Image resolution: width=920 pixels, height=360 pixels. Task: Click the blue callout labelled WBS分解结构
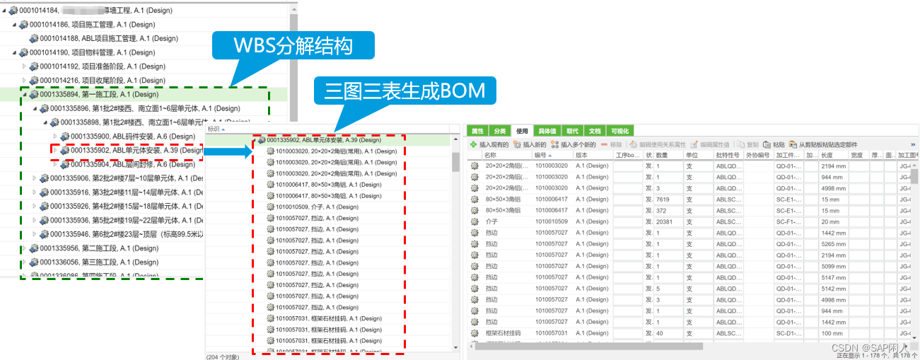pyautogui.click(x=293, y=47)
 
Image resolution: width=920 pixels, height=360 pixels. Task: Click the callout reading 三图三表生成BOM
pyautogui.click(x=406, y=90)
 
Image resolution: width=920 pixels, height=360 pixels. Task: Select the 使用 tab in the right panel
pyautogui.click(x=522, y=131)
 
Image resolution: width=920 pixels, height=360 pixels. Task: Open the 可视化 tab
pyautogui.click(x=619, y=131)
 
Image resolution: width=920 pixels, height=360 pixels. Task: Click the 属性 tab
pyautogui.click(x=477, y=131)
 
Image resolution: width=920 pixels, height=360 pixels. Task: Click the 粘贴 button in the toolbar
pyautogui.click(x=774, y=144)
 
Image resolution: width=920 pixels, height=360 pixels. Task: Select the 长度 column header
pyautogui.click(x=829, y=155)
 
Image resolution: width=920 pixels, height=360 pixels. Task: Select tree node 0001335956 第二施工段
pyautogui.click(x=98, y=248)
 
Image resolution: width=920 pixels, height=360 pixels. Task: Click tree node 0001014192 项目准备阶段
pyautogui.click(x=103, y=66)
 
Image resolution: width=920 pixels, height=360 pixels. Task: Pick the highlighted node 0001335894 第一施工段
pyautogui.click(x=99, y=94)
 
